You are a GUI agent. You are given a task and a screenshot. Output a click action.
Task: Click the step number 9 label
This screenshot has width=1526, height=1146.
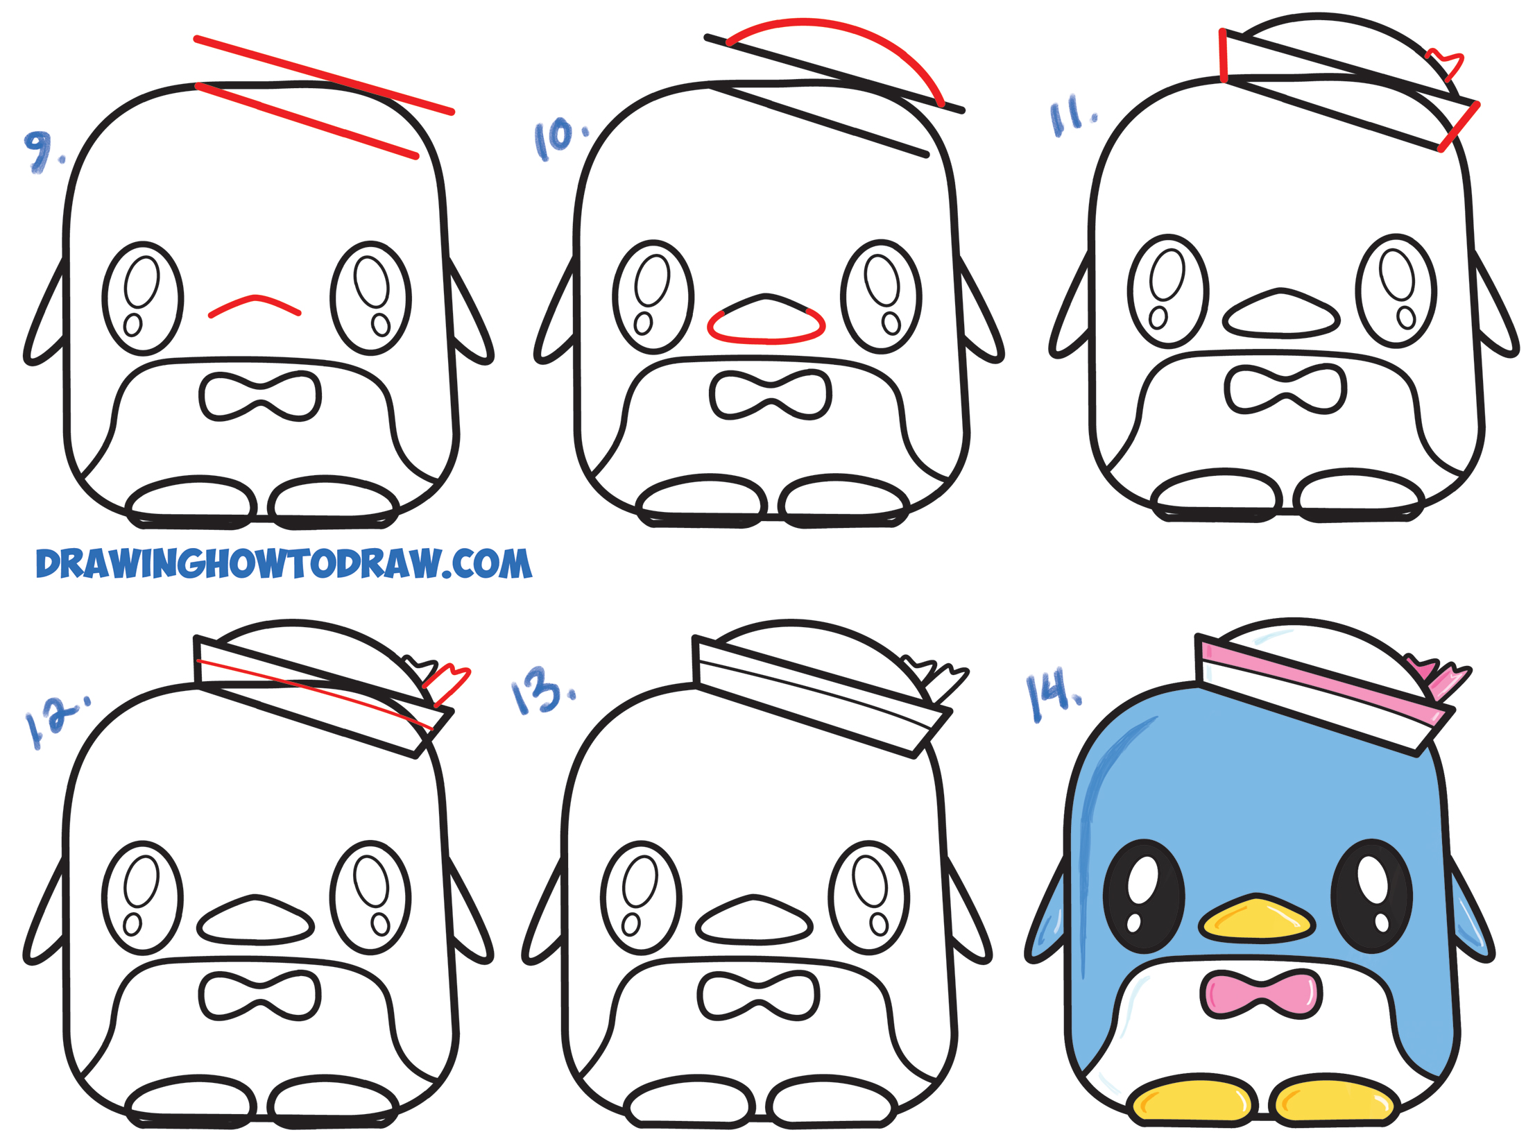[42, 151]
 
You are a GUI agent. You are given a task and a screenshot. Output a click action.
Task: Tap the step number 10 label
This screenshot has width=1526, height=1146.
[558, 139]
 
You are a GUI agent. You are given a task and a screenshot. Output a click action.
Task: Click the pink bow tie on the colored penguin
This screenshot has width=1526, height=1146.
[1260, 993]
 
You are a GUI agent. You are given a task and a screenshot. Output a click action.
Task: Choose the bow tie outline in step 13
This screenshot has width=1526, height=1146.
[758, 995]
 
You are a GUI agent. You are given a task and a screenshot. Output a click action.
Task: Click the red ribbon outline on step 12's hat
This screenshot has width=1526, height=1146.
[447, 683]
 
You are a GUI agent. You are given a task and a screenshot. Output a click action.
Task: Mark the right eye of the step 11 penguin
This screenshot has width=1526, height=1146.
[1396, 290]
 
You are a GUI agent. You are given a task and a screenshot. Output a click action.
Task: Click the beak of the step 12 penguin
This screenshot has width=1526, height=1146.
[255, 921]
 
